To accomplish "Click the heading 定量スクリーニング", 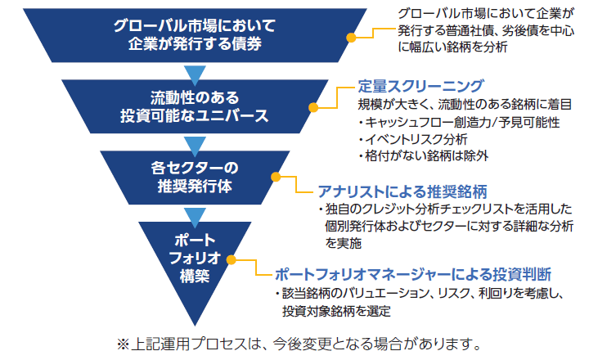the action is pos(420,86).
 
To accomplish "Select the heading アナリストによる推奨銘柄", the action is pos(402,191).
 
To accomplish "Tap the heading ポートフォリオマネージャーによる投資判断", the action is pos(413,275).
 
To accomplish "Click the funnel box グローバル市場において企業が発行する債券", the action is pos(195,35).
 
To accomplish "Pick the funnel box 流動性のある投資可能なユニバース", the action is pos(195,106).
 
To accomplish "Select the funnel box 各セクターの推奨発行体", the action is pos(195,178).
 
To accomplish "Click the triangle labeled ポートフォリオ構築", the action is pos(195,259).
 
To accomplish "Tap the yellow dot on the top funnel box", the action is pos(351,38).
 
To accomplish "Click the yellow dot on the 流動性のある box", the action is pos(313,108).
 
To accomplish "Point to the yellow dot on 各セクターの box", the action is pos(276,177).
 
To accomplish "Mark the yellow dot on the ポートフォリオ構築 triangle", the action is pos(231,259).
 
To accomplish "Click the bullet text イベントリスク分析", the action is pos(412,139).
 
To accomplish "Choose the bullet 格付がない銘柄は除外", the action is pos(423,155).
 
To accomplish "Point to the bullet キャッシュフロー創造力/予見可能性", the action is pos(459,123).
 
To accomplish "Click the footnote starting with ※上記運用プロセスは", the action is pos(299,344).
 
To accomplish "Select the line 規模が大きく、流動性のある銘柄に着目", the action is pos(465,104).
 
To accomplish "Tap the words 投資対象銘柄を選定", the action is pos(336,311).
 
